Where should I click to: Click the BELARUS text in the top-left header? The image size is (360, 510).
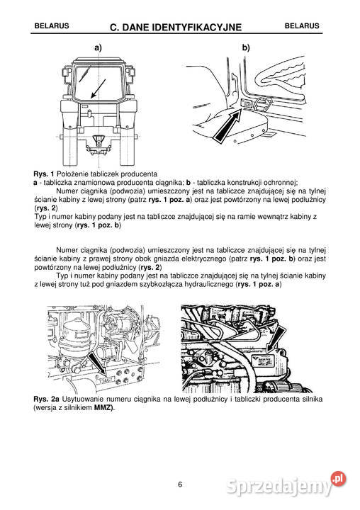[x=52, y=26]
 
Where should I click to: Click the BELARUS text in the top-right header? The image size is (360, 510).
[x=302, y=26]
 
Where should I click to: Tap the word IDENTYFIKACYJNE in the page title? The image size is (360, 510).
[x=191, y=28]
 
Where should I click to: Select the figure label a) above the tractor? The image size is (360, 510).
[x=98, y=48]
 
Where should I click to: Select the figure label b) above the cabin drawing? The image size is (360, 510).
[x=246, y=48]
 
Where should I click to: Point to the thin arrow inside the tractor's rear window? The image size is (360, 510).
[x=99, y=89]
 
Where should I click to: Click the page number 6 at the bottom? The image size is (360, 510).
[x=180, y=484]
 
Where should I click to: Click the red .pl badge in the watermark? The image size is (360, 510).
[x=338, y=479]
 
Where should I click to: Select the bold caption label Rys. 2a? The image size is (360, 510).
[x=46, y=399]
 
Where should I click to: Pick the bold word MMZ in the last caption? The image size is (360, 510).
[x=103, y=407]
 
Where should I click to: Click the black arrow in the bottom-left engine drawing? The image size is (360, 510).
[x=99, y=363]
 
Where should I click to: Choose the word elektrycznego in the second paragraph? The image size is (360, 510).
[x=204, y=259]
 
